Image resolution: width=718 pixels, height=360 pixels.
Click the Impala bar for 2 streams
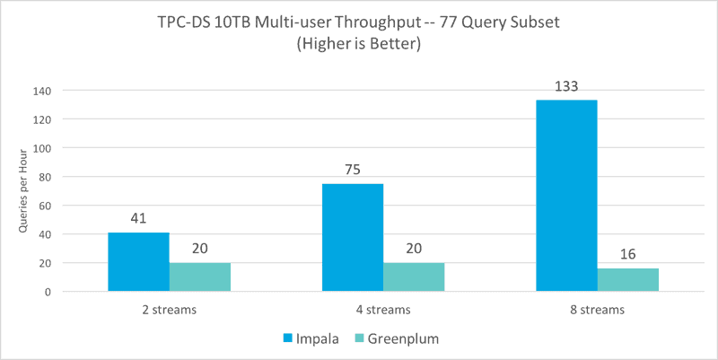pos(138,262)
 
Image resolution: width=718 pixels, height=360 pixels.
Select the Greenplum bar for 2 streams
pos(200,277)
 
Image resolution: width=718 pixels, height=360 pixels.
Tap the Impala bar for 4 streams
pos(353,238)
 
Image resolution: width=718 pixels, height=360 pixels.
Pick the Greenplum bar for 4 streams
pos(414,277)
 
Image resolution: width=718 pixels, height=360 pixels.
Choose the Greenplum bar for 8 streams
pos(628,280)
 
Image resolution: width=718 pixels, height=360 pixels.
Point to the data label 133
pos(566,87)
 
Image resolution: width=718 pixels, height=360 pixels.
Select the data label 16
pos(628,255)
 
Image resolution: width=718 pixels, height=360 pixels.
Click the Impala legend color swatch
pos(289,338)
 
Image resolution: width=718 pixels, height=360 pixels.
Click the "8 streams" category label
pos(598,311)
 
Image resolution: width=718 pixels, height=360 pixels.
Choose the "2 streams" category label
pos(170,311)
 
